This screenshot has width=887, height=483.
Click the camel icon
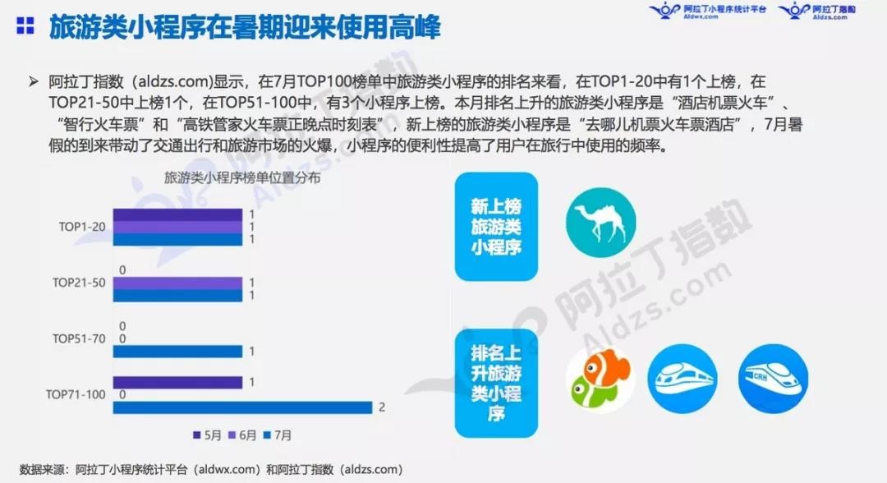[x=600, y=223]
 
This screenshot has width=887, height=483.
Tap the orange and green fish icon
[x=600, y=379]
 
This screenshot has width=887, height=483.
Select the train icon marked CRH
[x=774, y=379]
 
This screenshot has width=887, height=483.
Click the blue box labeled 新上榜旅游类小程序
[x=496, y=226]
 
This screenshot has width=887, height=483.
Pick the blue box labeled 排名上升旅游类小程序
[x=496, y=383]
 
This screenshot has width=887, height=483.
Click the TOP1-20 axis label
[x=82, y=227]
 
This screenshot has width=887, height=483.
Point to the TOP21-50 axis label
[x=79, y=283]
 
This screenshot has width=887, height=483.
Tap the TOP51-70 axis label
[x=79, y=338]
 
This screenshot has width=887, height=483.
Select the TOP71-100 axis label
[x=76, y=394]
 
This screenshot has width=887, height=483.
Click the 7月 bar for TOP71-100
[x=242, y=407]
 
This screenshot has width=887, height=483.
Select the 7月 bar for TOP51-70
[x=177, y=352]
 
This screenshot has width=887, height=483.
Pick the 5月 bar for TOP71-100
[x=177, y=382]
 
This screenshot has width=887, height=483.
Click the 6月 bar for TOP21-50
[x=177, y=283]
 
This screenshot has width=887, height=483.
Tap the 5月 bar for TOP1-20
[x=177, y=215]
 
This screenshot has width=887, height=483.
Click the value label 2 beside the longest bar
[x=382, y=407]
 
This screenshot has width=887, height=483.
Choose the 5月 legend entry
[x=207, y=435]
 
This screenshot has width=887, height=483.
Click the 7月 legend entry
[x=278, y=435]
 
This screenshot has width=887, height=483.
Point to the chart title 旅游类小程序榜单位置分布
[x=242, y=178]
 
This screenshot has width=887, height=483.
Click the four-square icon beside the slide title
[x=25, y=25]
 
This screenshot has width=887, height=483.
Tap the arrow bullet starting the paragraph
[x=34, y=82]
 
